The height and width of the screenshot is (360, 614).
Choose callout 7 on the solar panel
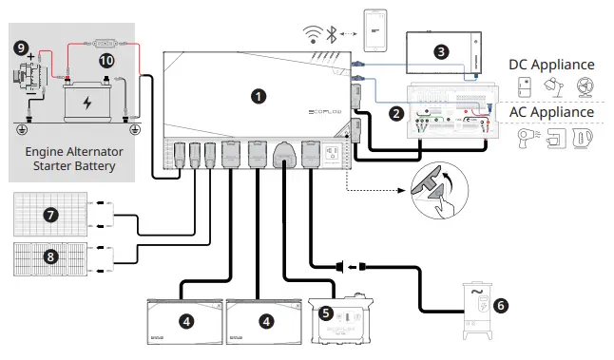tap(51, 215)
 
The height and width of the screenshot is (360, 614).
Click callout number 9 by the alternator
tap(20, 46)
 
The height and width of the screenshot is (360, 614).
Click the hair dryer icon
tap(527, 139)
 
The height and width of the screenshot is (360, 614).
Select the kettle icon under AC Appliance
tap(587, 140)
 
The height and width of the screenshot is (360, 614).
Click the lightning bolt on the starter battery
tap(87, 102)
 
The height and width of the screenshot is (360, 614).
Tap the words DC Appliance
tap(551, 65)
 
